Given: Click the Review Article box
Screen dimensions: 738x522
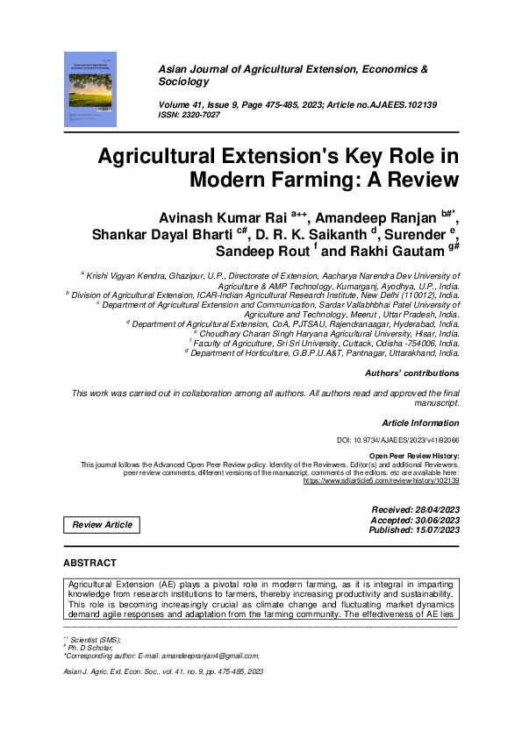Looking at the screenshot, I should click(x=102, y=524).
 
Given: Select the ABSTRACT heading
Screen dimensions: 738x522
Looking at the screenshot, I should click(x=89, y=562).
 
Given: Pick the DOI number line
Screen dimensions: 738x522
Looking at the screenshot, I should click(x=398, y=440).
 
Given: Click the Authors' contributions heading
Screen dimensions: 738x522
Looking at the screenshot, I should click(x=411, y=373).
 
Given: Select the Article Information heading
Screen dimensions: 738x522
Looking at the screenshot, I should click(x=420, y=422).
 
